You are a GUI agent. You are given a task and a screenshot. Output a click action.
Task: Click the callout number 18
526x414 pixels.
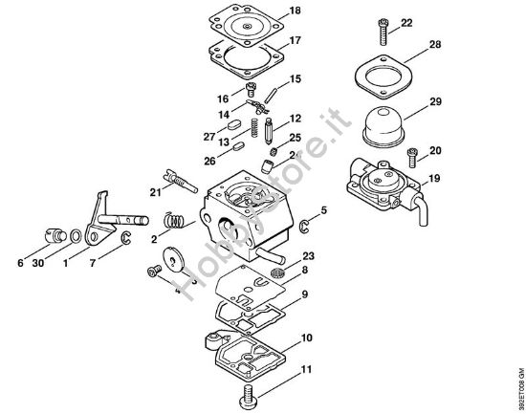tap(296, 11)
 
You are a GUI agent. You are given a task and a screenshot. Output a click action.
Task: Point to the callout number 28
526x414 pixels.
tap(408, 45)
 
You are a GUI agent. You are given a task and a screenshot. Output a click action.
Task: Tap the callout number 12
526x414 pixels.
tap(296, 118)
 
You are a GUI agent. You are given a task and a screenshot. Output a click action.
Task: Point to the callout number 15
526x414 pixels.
tap(296, 77)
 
